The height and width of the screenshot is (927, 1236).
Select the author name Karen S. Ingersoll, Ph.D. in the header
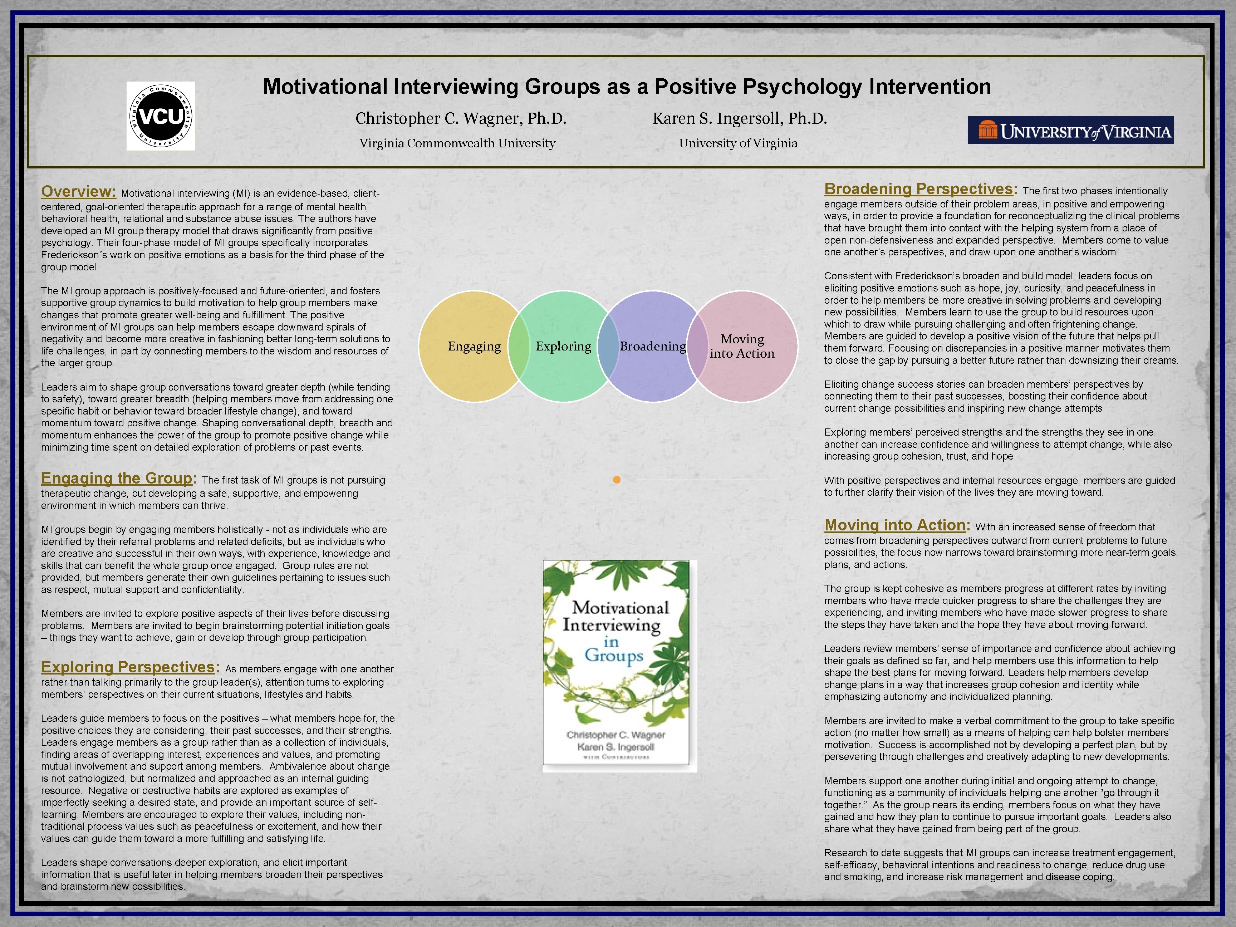click(x=739, y=118)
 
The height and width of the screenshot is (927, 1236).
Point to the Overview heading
click(x=78, y=192)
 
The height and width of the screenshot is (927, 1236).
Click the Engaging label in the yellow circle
click(x=474, y=347)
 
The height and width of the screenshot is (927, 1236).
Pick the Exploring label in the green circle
click(x=563, y=347)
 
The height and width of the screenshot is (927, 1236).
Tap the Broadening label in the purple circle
click(x=653, y=347)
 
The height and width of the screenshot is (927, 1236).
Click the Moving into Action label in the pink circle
click(x=742, y=347)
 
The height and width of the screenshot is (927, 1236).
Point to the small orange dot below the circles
click(x=616, y=480)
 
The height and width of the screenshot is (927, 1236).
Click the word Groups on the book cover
click(x=614, y=656)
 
